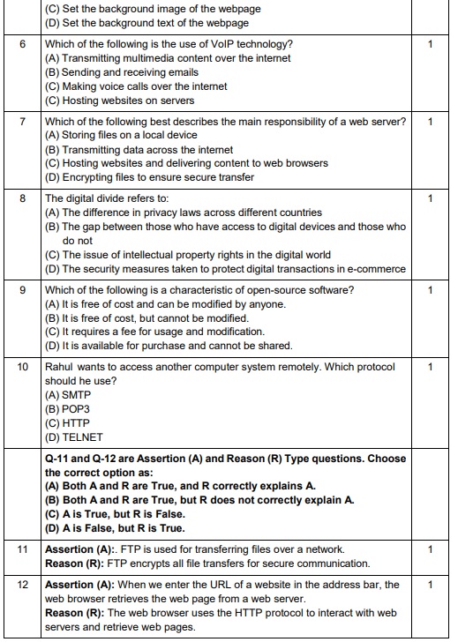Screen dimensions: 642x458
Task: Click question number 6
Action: click(23, 44)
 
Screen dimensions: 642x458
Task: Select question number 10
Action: click(23, 366)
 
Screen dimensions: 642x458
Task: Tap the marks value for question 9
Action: click(429, 289)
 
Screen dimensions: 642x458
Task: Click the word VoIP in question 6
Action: click(200, 44)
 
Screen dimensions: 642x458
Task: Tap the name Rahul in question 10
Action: click(61, 366)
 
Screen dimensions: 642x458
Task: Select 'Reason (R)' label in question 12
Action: click(74, 612)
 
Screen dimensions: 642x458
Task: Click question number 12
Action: click(23, 585)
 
